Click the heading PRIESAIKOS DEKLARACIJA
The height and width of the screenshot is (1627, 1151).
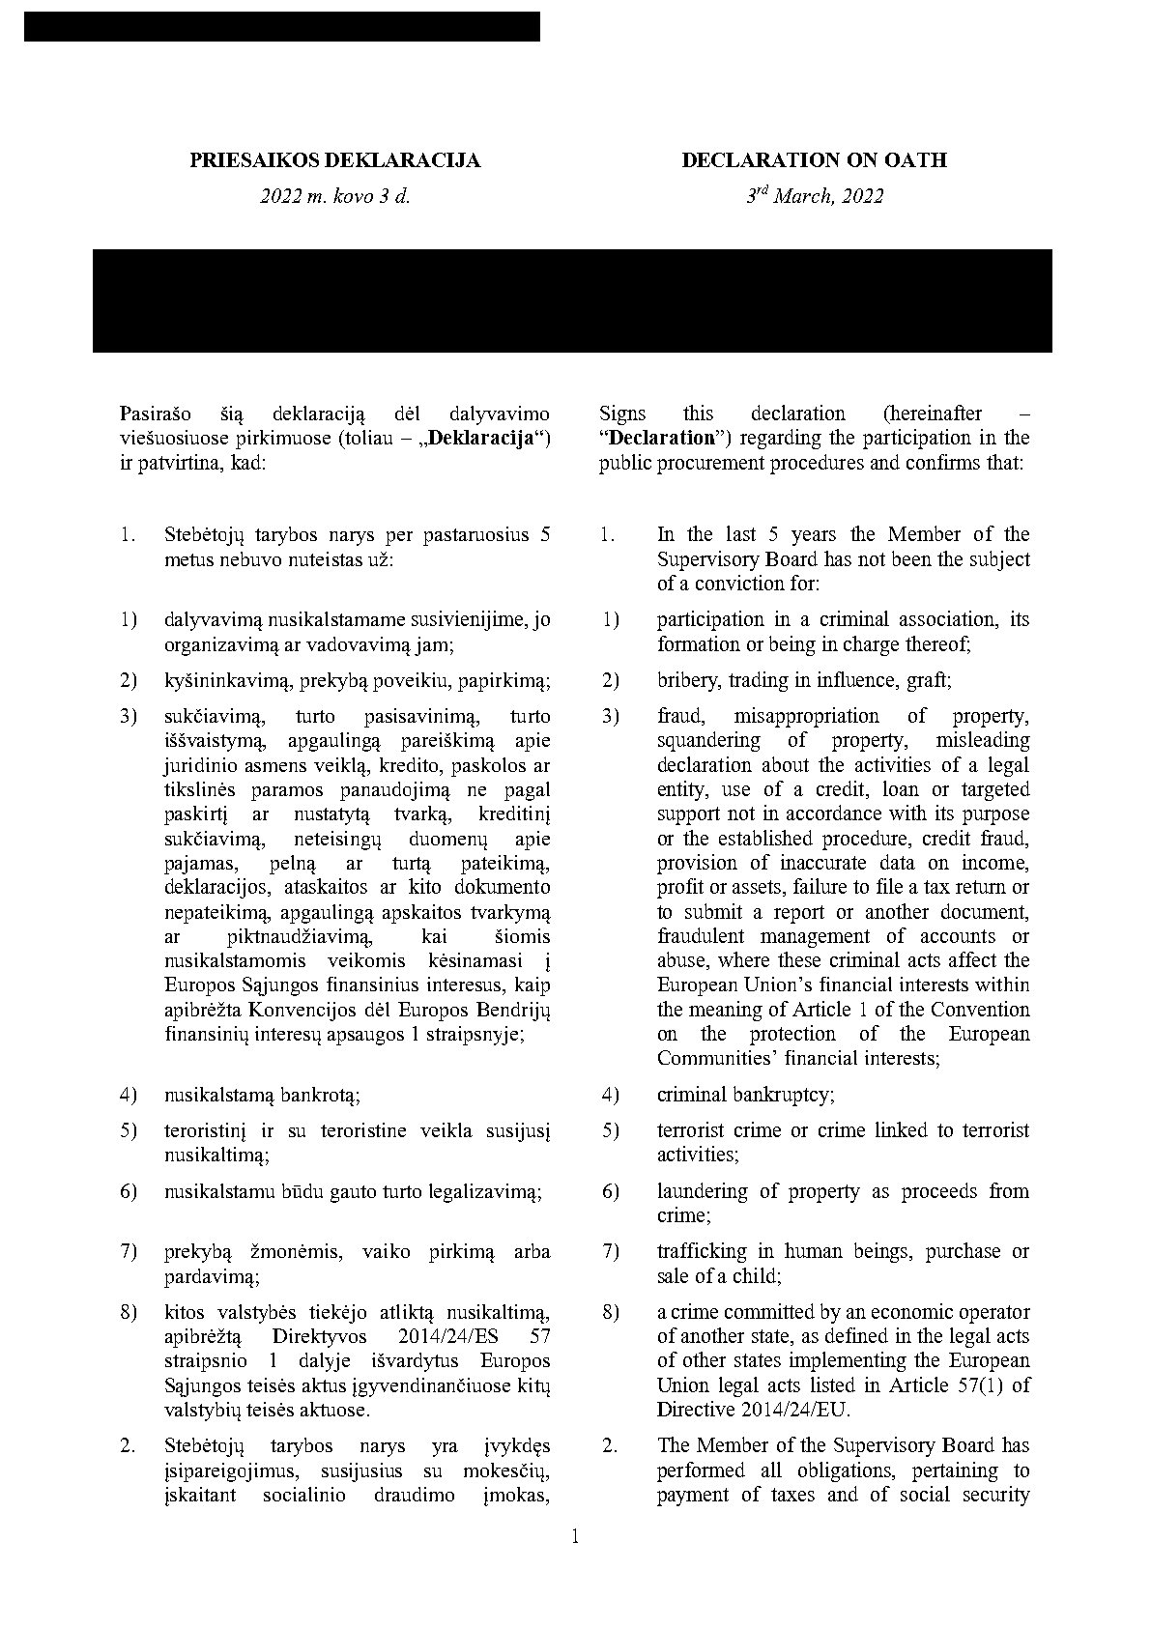click(x=334, y=160)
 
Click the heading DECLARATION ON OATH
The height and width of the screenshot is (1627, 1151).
click(x=814, y=160)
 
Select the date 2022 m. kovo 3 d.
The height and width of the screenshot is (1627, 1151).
click(x=334, y=196)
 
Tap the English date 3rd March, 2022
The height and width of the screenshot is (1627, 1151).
click(x=815, y=196)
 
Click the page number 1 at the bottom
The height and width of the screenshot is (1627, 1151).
click(x=576, y=1536)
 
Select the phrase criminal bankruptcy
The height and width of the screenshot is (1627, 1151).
click(x=746, y=1095)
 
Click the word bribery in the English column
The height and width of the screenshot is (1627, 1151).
click(x=688, y=680)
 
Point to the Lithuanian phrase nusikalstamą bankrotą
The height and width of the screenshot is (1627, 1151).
click(x=263, y=1095)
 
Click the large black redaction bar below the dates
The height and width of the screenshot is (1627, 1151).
click(x=572, y=300)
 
